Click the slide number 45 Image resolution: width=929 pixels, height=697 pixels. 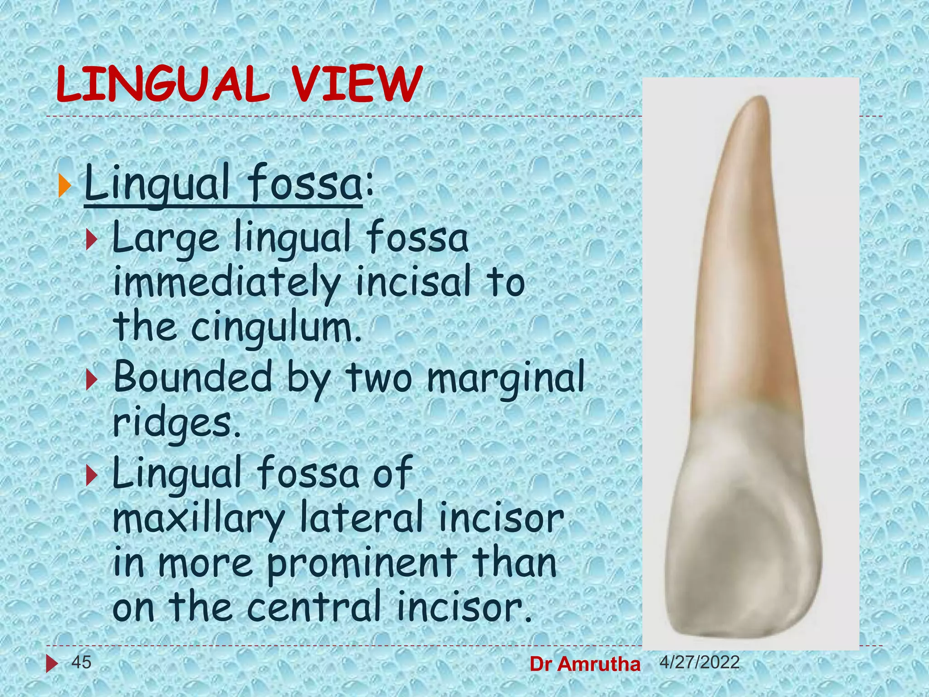point(82,662)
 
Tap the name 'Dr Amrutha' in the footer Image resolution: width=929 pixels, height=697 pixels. point(585,664)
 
